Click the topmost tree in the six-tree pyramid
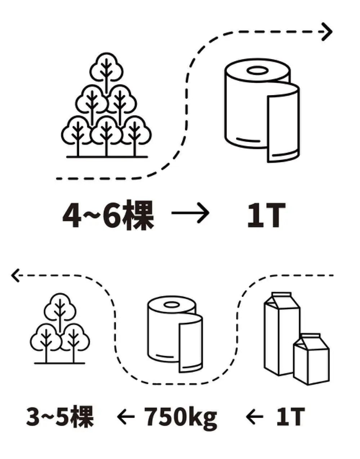point(105,69)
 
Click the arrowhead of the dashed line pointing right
point(326,32)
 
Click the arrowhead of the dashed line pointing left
point(16,276)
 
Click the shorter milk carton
point(311,358)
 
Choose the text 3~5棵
point(60,417)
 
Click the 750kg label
point(181,417)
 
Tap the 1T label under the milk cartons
point(291,417)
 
